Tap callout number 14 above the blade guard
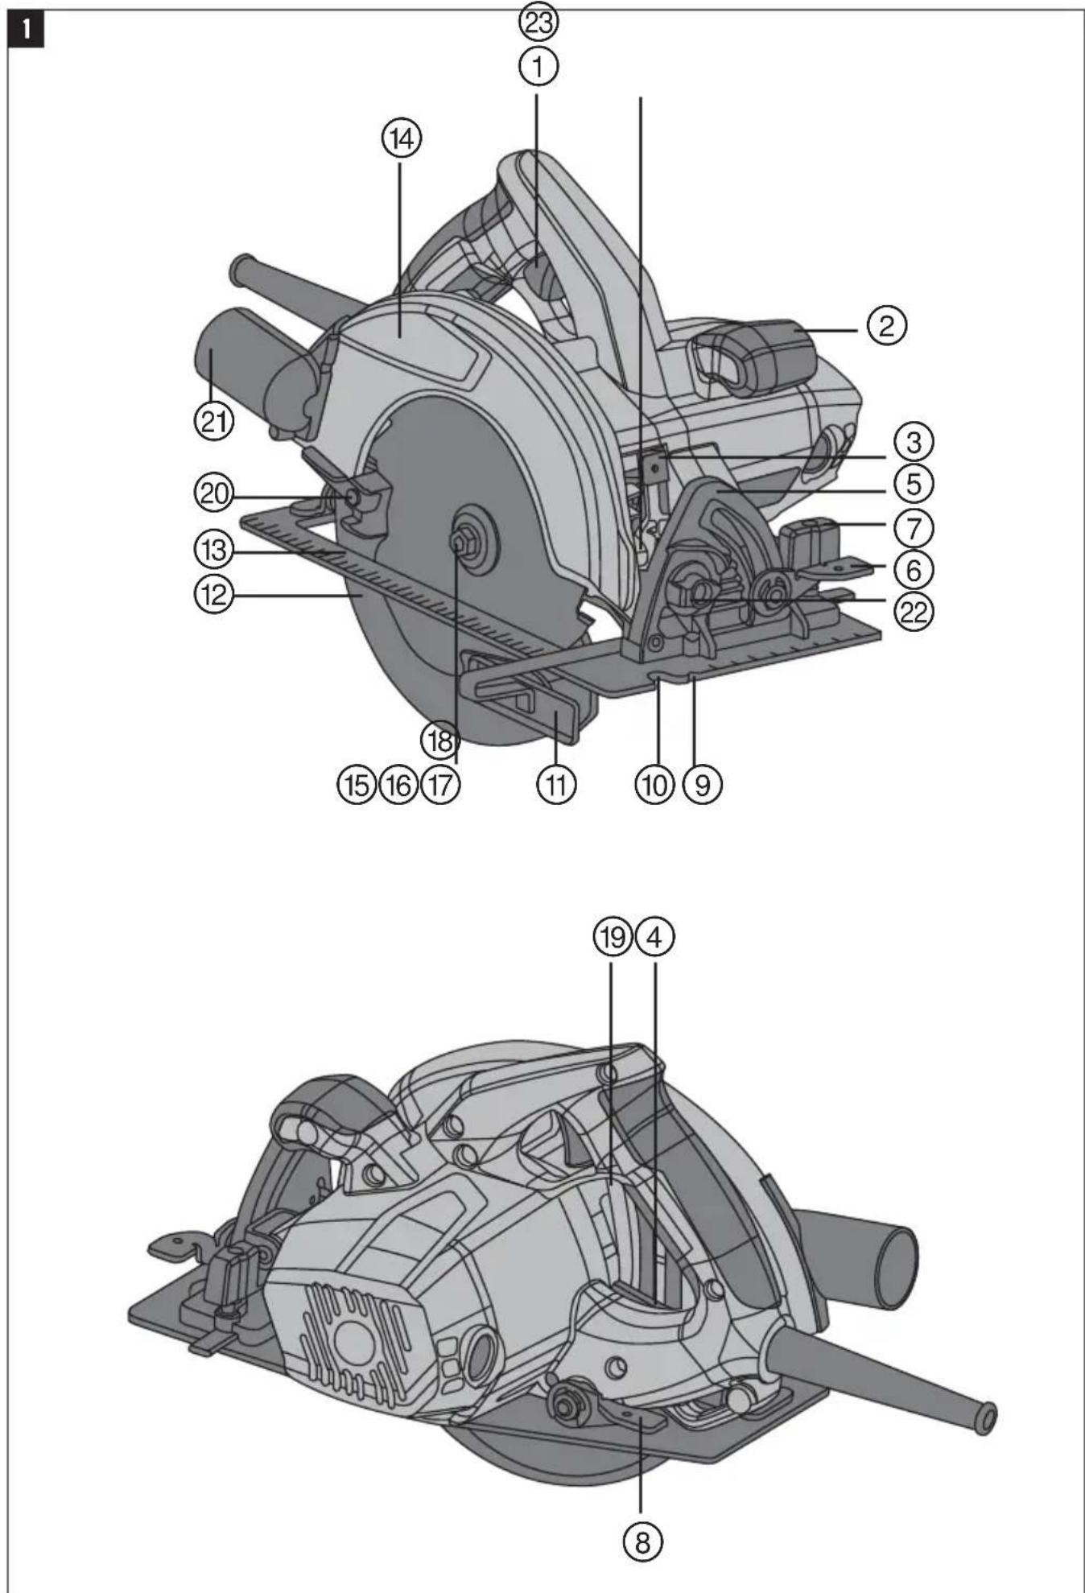coord(401,138)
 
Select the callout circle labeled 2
coord(886,326)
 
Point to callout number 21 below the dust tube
coord(213,421)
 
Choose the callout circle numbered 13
coord(213,551)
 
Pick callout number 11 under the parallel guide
coord(556,783)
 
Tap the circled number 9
coord(702,783)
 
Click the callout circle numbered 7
coord(913,528)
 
